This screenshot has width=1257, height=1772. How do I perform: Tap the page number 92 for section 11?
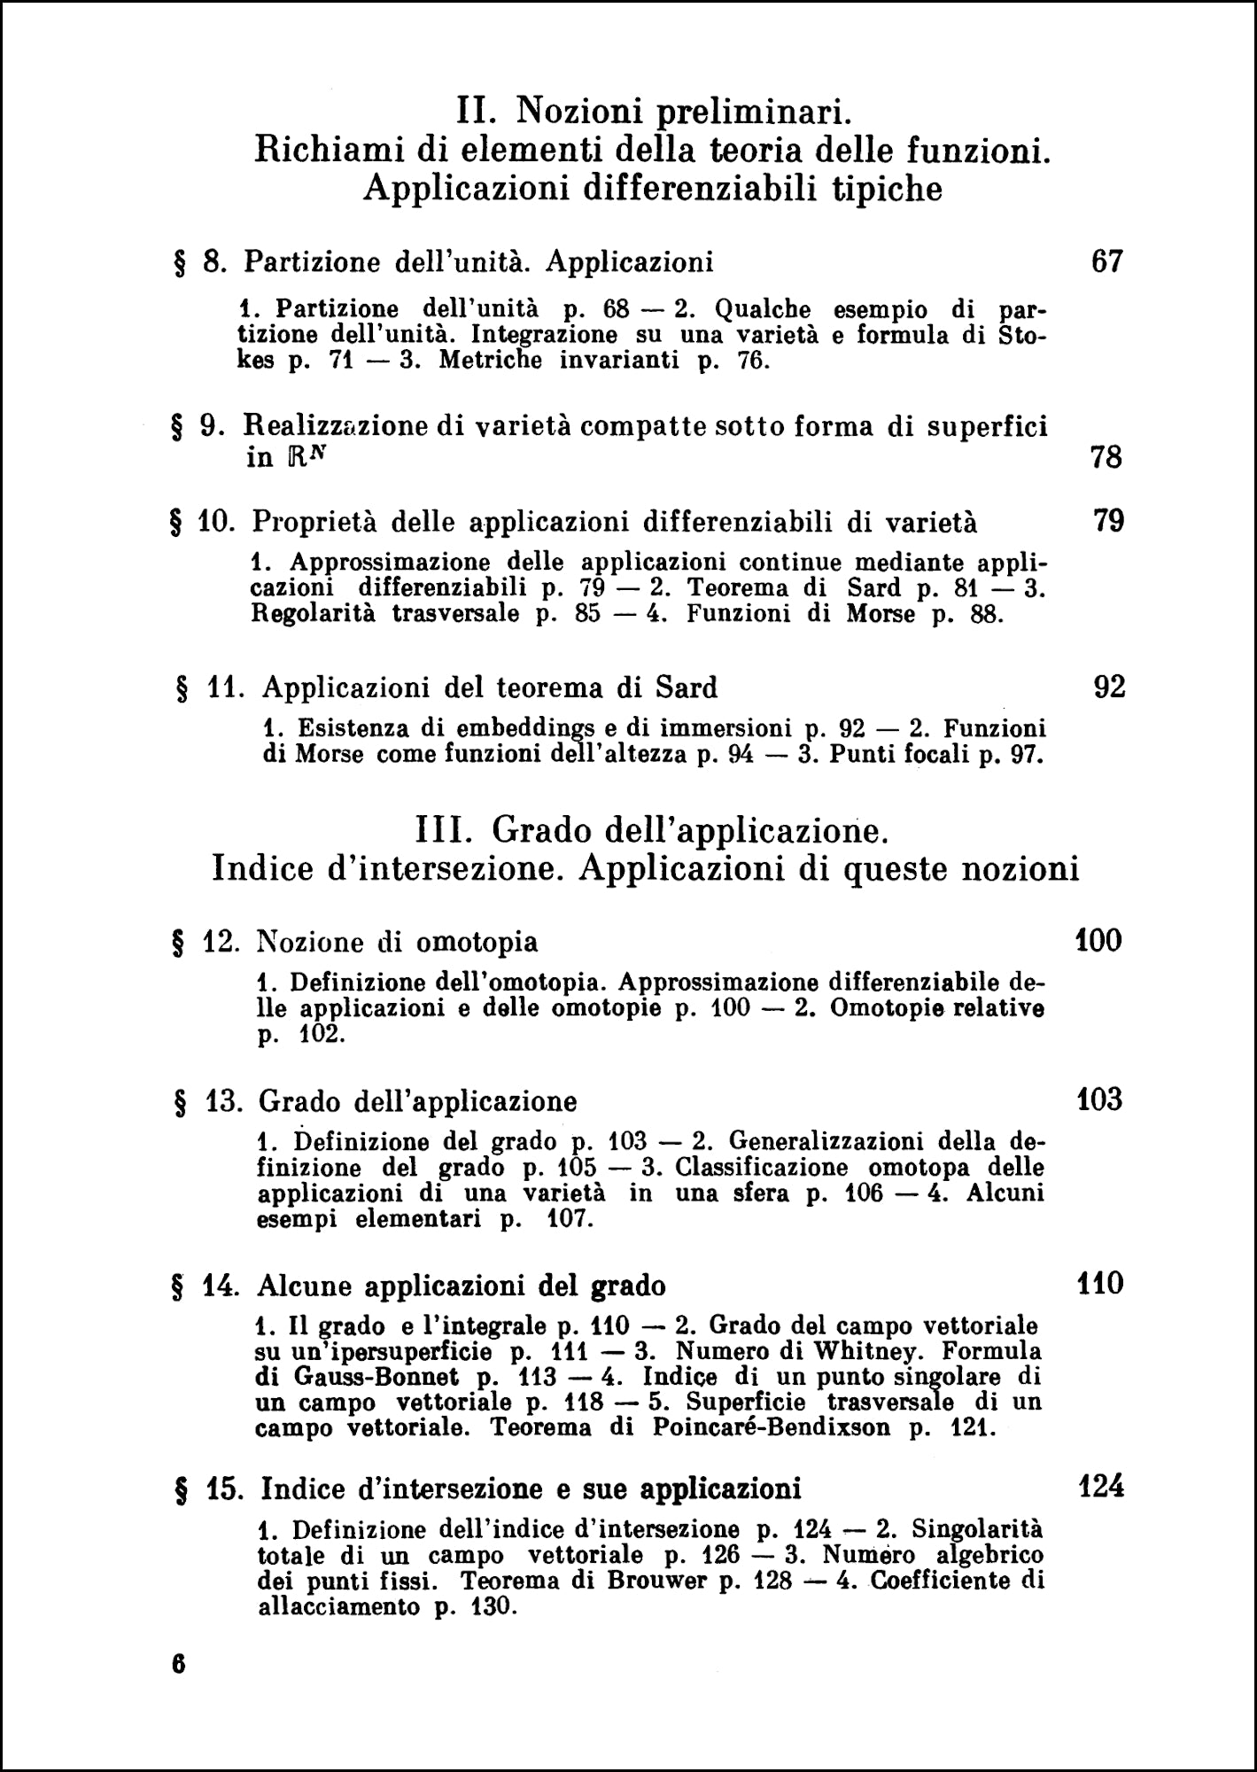(1109, 687)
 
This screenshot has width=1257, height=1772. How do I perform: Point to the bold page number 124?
(1101, 1486)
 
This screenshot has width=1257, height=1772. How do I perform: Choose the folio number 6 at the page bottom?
(178, 1664)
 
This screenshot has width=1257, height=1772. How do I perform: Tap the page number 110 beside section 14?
(1100, 1283)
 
